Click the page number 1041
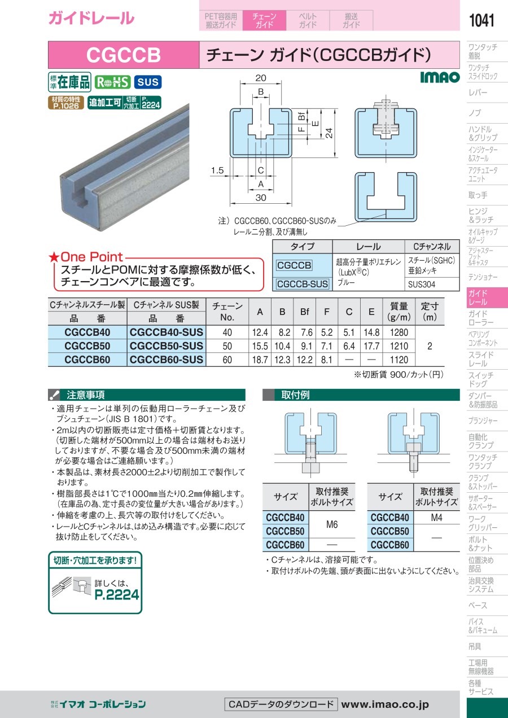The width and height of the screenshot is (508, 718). pos(481,20)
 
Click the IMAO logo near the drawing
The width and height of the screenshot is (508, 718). pos(440,77)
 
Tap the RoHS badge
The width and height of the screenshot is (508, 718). pos(112,82)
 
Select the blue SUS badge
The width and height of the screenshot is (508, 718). pos(148,82)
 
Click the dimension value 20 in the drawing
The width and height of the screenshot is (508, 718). pos(261,78)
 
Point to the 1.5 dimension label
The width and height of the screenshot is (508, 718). pos(217,170)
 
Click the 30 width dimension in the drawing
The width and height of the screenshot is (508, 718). pos(261,198)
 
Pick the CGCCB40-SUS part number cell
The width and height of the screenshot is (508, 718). pos(167,332)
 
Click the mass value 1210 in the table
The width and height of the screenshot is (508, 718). pos(398,346)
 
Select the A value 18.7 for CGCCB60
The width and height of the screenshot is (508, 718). pos(260,360)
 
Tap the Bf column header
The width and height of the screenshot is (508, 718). pos(304,312)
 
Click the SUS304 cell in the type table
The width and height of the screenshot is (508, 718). pos(422,284)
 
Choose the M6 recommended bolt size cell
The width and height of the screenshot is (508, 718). pos(332,524)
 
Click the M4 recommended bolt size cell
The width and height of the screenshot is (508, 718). pos(436,518)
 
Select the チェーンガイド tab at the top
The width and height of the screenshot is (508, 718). pos(264,20)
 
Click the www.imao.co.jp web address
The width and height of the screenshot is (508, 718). pos(385,704)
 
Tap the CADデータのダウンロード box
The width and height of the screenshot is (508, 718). pos(281,704)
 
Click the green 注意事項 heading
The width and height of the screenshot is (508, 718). pos(86,395)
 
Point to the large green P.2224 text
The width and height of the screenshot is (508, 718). pos(117,594)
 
